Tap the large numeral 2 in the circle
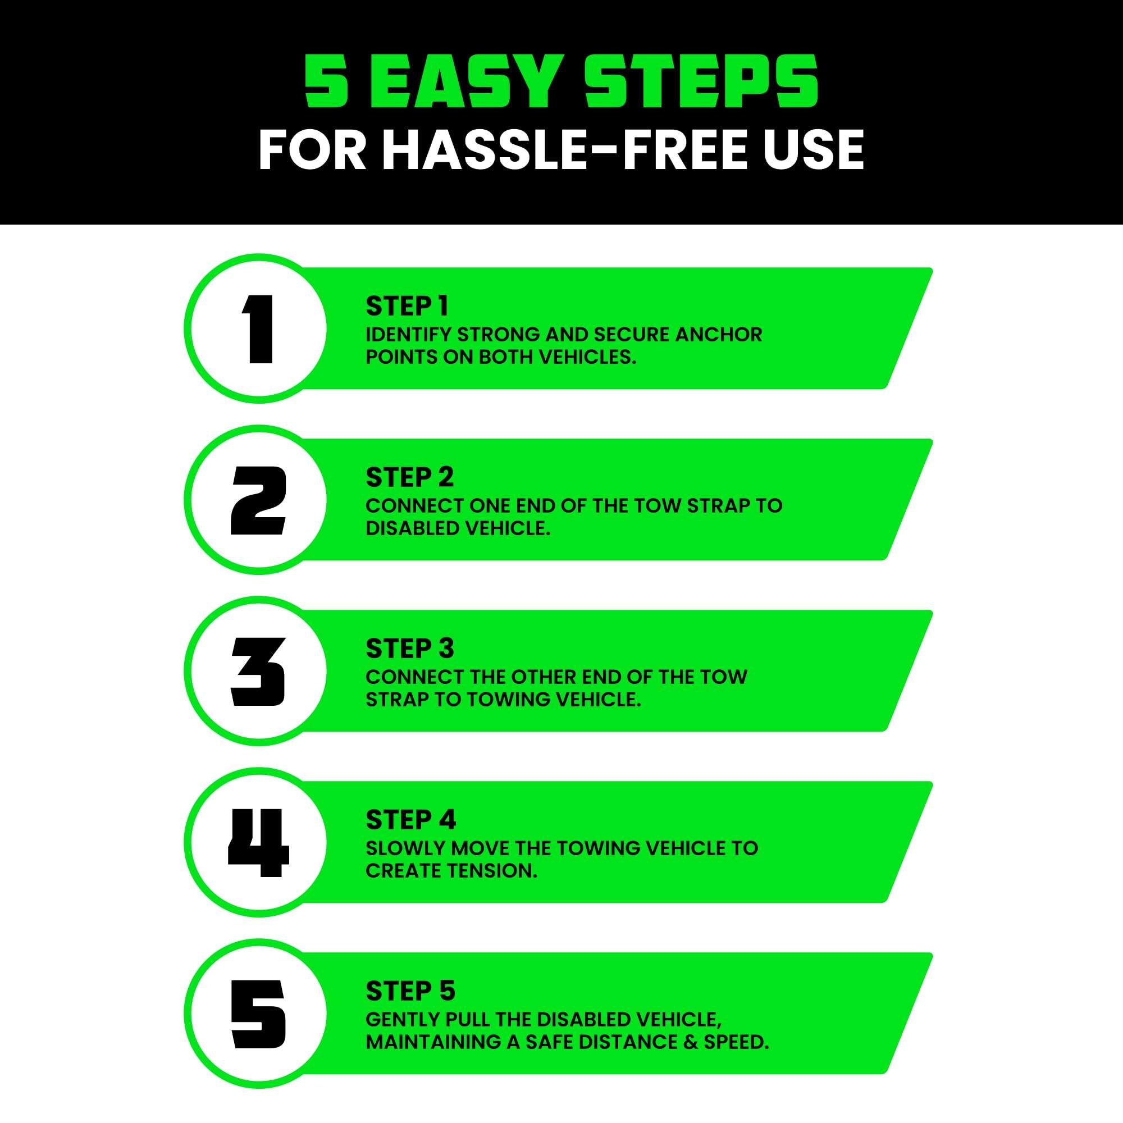point(259,500)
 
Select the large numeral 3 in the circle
point(259,672)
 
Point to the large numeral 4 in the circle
point(258,843)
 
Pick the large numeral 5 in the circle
point(259,1014)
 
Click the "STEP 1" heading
point(407,307)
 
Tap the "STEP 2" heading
point(410,477)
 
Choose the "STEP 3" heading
point(410,649)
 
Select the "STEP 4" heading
point(411,820)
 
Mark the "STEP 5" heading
point(410,991)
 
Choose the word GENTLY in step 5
point(403,1020)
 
